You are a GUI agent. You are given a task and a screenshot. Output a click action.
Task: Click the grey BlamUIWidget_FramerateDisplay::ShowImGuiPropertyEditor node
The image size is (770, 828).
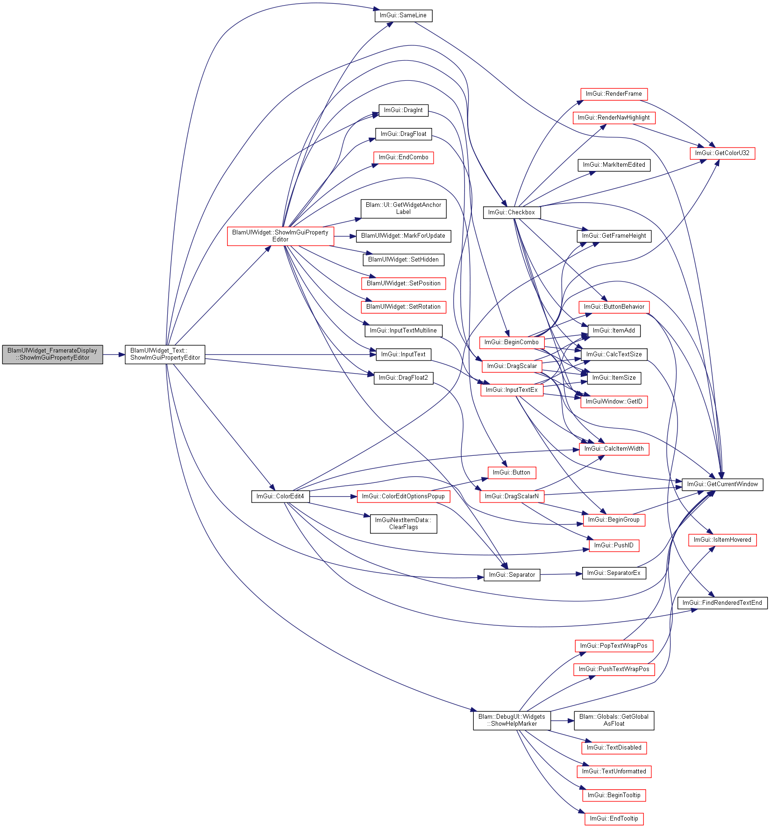coord(52,354)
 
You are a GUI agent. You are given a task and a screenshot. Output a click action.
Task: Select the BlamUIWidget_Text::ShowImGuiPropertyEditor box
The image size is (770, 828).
coord(165,354)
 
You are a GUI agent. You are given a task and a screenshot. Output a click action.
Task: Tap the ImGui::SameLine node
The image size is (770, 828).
coord(403,15)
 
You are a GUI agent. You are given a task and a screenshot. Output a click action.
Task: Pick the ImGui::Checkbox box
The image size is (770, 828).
coord(512,212)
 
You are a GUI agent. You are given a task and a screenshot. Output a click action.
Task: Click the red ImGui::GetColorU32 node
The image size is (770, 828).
coord(722,153)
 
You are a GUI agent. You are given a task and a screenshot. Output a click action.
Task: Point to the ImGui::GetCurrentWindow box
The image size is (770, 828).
coord(722,484)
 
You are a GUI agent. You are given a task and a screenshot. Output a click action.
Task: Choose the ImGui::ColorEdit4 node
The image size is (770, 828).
coord(280,496)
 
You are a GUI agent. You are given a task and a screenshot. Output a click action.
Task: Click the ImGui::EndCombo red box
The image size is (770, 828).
coord(404,157)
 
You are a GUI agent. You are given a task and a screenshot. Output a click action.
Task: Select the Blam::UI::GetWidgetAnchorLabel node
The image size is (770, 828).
coord(404,209)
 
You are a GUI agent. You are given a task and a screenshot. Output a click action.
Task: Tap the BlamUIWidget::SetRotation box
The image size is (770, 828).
coord(404,307)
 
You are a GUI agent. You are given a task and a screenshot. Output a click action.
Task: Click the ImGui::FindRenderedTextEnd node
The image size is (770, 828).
coord(722,603)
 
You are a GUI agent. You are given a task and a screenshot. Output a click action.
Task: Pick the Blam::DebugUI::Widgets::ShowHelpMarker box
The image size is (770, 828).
coord(512,721)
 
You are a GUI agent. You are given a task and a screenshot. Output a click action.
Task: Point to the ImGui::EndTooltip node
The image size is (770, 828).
coord(614,819)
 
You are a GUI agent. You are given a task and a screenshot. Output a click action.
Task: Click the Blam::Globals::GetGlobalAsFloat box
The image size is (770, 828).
coord(614,721)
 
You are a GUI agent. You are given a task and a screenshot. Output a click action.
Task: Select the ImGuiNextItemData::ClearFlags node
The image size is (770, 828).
coord(404,524)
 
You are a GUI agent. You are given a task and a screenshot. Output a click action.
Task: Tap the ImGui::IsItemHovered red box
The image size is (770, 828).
coord(722,540)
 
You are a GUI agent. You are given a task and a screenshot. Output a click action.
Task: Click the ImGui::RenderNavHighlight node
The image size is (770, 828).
coord(614,118)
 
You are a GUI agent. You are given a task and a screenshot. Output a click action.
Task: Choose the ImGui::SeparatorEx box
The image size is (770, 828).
coord(614,573)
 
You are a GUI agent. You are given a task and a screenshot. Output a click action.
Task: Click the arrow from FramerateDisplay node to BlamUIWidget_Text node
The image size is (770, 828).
coord(114,354)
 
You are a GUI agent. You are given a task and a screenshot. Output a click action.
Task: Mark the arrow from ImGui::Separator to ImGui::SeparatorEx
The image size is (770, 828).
coord(561,574)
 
